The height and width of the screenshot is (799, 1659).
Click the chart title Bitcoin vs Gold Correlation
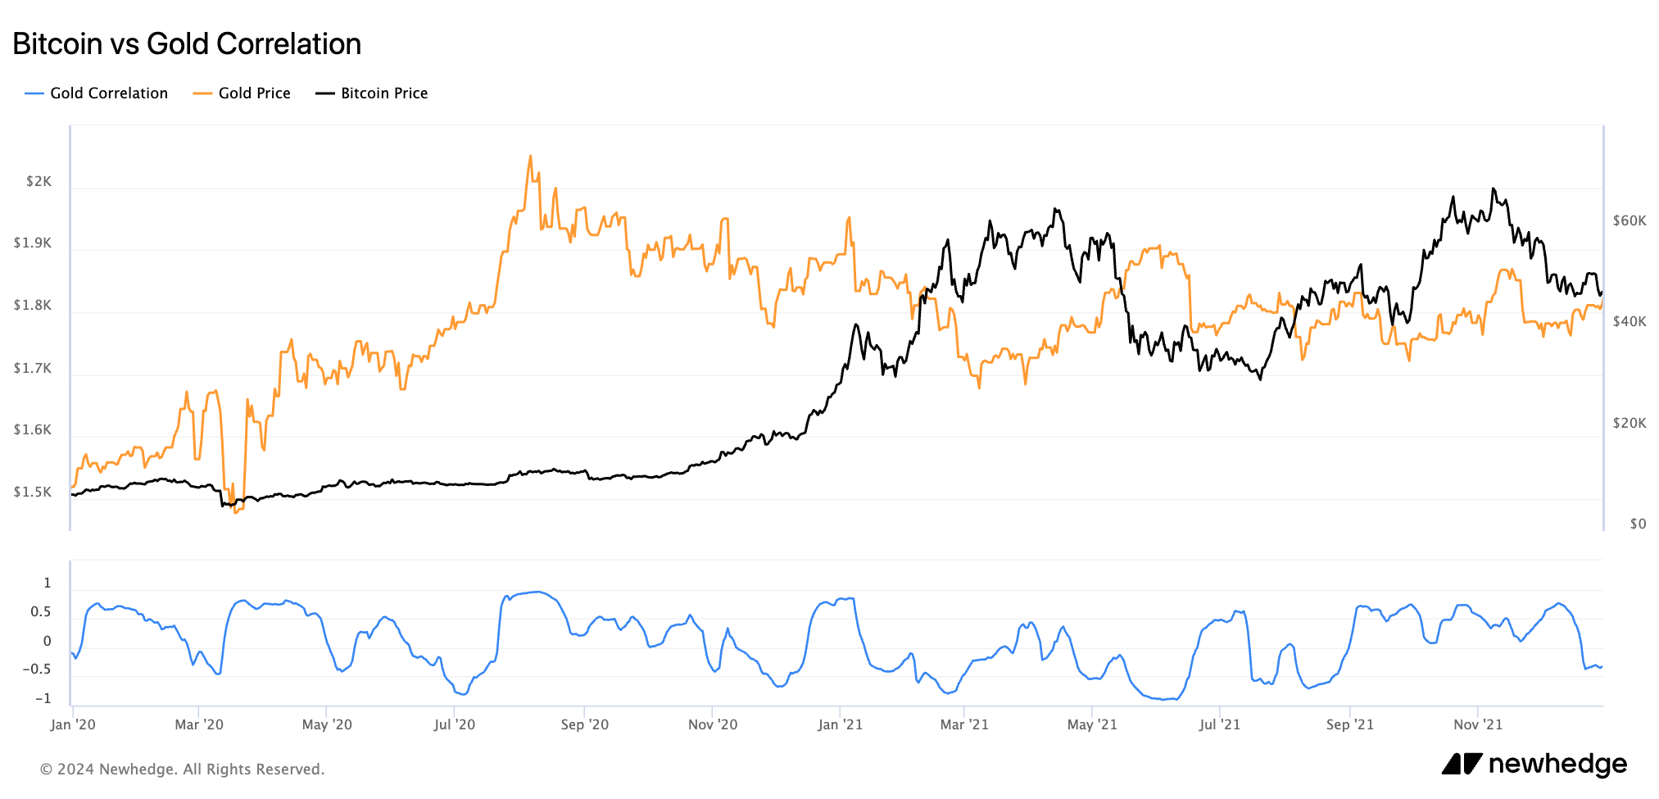[187, 44]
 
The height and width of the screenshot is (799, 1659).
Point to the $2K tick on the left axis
[39, 181]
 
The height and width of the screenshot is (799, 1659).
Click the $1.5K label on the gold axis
[33, 492]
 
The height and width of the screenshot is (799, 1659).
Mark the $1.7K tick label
[33, 368]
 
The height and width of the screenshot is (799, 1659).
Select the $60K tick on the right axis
[1629, 220]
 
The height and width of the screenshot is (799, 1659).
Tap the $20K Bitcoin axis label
[1629, 423]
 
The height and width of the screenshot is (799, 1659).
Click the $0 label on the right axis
[1637, 524]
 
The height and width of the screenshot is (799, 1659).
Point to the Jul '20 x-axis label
[454, 724]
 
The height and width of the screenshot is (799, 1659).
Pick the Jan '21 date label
[840, 724]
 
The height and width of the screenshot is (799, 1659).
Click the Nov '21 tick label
[1478, 724]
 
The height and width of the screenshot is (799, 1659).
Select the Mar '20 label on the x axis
[199, 724]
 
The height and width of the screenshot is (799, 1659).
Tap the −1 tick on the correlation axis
[43, 699]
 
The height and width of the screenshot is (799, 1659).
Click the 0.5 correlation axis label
[41, 612]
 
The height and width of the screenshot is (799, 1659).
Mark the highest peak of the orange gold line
[530, 156]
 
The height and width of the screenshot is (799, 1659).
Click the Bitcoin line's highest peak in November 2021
[1493, 189]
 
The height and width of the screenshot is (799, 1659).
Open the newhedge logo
[1534, 764]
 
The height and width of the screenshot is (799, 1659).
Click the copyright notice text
[183, 769]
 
